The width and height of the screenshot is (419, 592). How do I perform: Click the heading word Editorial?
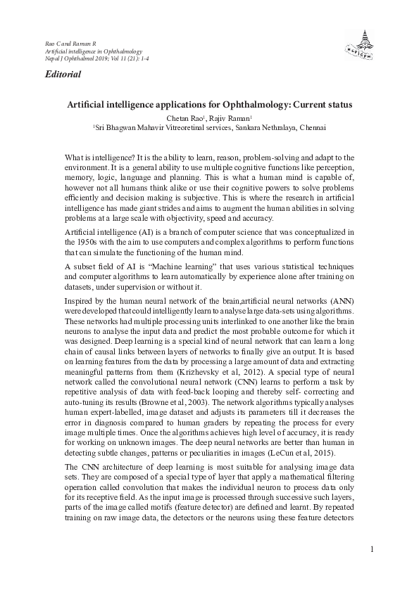[x=63, y=74]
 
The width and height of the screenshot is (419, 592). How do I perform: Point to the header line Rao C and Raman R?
[x=65, y=44]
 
